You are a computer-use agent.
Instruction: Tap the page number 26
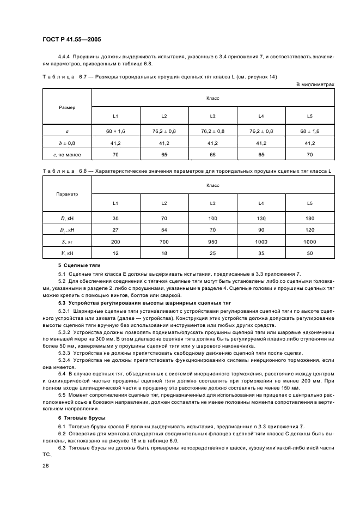(46, 466)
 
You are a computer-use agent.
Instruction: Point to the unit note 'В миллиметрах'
(315, 84)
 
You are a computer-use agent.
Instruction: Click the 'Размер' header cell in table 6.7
(67, 107)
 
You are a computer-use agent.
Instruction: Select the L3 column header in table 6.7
(212, 116)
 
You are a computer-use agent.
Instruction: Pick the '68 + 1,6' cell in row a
(115, 131)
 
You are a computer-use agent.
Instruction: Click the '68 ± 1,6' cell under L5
(309, 131)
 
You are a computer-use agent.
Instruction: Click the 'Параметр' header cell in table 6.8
(67, 194)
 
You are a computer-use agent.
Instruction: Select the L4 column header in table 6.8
(261, 203)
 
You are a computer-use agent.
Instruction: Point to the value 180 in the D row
(309, 218)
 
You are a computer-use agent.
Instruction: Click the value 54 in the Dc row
(164, 230)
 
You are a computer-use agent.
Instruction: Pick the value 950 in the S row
(212, 242)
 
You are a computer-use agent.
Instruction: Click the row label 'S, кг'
(67, 242)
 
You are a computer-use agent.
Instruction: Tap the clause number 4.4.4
(65, 57)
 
